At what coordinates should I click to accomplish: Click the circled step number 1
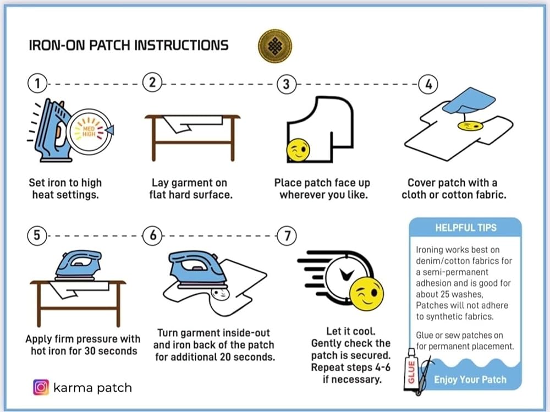click(37, 84)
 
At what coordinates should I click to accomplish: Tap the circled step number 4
click(428, 84)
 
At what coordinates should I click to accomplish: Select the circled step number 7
click(286, 235)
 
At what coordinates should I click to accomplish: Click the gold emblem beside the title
click(274, 45)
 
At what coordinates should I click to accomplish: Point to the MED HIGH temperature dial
click(89, 130)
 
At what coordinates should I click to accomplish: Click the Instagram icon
click(41, 387)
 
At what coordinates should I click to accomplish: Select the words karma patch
click(92, 387)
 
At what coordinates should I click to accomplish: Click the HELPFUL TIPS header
click(465, 227)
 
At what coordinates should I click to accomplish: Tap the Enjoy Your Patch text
click(470, 380)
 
